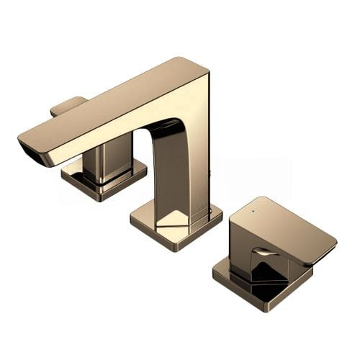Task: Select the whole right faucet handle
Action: click(x=274, y=252)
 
